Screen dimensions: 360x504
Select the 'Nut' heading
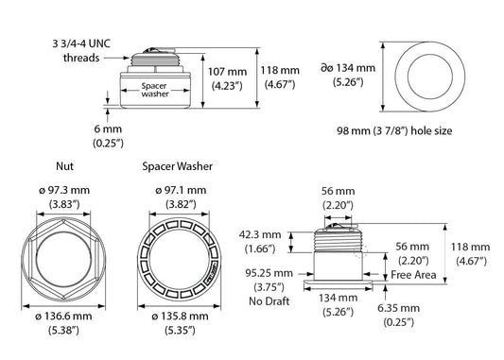62,165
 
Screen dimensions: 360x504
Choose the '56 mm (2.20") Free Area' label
413,260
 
